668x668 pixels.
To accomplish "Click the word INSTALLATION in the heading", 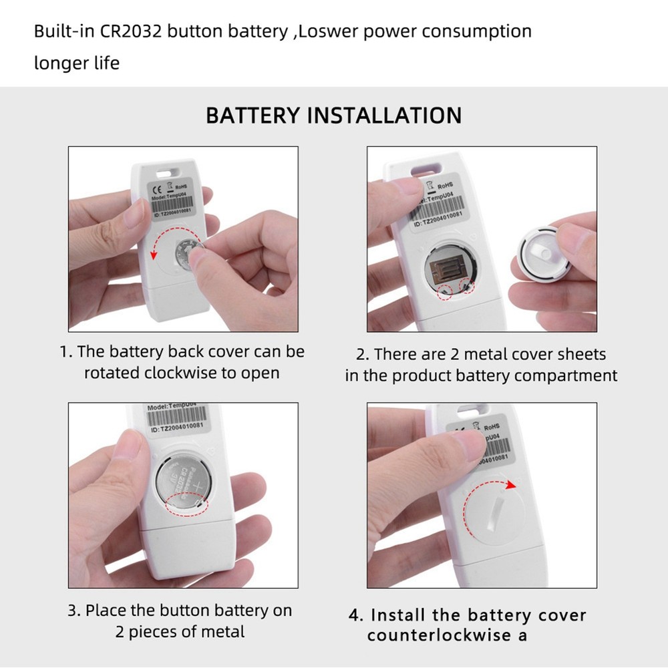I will (383, 115).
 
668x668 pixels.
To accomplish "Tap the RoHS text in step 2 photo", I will (446, 185).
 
